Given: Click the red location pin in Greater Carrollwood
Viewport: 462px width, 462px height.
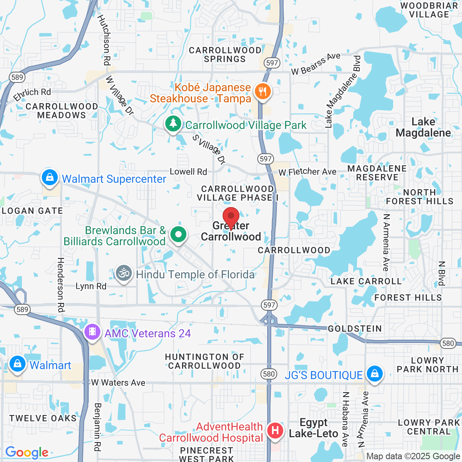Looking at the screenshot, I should (x=231, y=217).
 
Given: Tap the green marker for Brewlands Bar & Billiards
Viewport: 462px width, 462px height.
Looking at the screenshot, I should (x=178, y=235).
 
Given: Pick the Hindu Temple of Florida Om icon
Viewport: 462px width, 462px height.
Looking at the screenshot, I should (x=124, y=274).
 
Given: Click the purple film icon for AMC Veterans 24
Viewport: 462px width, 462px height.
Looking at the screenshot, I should (x=92, y=332).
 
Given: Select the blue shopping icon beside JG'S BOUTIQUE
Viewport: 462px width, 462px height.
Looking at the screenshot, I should (x=374, y=374).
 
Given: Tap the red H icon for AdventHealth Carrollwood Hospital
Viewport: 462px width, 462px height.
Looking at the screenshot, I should (x=275, y=431).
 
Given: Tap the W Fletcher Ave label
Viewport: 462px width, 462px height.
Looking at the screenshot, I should (x=307, y=172).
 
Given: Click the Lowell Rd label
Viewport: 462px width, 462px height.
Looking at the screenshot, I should (x=188, y=172).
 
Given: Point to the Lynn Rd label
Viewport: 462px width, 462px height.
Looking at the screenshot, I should (x=91, y=286).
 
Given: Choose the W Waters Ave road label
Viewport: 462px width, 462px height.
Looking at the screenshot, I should (x=118, y=383).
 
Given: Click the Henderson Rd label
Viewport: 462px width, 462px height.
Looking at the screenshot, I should (x=61, y=284).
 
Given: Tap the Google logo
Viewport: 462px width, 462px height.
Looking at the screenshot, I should (x=27, y=452).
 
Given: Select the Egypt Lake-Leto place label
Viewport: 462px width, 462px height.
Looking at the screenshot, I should (x=313, y=428).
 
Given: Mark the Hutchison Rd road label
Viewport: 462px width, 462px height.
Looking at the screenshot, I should (x=104, y=40).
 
